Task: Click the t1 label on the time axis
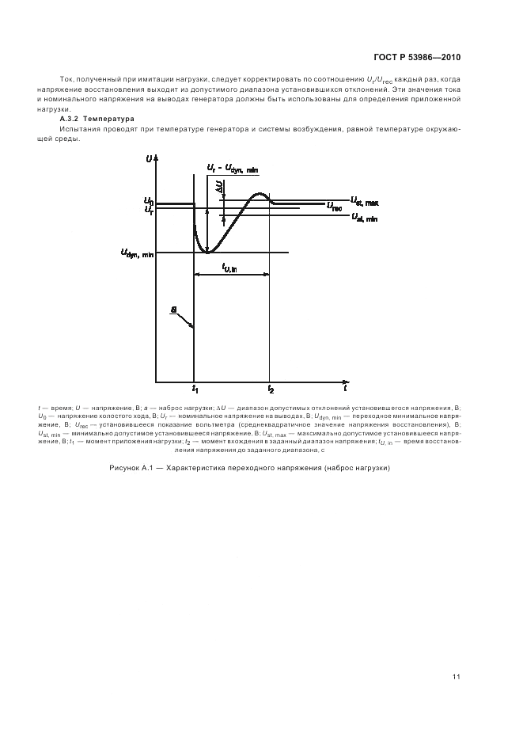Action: click(x=195, y=389)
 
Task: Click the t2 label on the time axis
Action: click(x=271, y=389)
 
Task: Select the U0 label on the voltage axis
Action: click(x=148, y=201)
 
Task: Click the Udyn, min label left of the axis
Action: click(x=137, y=253)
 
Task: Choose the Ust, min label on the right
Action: click(x=364, y=218)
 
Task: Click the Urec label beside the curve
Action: click(x=334, y=206)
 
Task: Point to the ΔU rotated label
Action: click(x=218, y=186)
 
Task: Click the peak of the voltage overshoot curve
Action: click(x=259, y=194)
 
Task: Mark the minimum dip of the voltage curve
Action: click(x=207, y=252)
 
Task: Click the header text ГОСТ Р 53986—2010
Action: click(x=418, y=58)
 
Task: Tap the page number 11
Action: click(x=457, y=677)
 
